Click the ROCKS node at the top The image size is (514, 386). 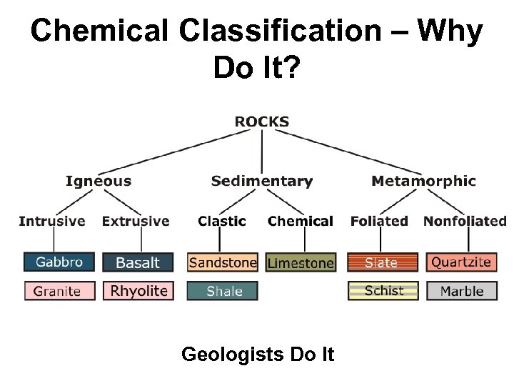pyautogui.click(x=262, y=122)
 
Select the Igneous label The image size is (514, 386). pyautogui.click(x=99, y=181)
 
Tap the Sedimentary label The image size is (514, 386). pyautogui.click(x=262, y=181)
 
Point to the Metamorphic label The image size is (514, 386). pyautogui.click(x=423, y=181)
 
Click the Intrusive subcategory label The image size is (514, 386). pyautogui.click(x=52, y=221)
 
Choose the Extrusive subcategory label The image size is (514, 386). pyautogui.click(x=136, y=221)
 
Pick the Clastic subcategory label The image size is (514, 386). pyautogui.click(x=222, y=221)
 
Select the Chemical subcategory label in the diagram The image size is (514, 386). pyautogui.click(x=301, y=221)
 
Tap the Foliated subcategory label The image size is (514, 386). pyautogui.click(x=379, y=221)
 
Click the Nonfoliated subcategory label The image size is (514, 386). pyautogui.click(x=465, y=221)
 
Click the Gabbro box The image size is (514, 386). pyautogui.click(x=59, y=262)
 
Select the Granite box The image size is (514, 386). pyautogui.click(x=59, y=291)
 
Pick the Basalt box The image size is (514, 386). pyautogui.click(x=138, y=262)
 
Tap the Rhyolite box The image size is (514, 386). pyautogui.click(x=138, y=291)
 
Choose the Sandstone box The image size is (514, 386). pyautogui.click(x=223, y=262)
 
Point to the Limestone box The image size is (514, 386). pyautogui.click(x=301, y=263)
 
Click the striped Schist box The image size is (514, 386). pyautogui.click(x=384, y=291)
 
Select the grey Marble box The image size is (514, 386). pyautogui.click(x=462, y=291)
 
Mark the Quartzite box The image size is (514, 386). pyautogui.click(x=461, y=262)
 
